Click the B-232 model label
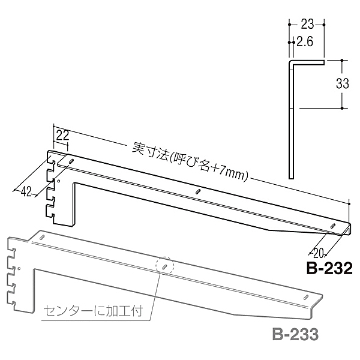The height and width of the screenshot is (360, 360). coord(329,268)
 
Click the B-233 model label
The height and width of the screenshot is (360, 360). coord(295,334)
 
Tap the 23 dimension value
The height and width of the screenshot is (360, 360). coord(307,24)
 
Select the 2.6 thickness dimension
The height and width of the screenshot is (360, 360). coord(305,42)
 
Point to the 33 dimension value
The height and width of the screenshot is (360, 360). coord(343,83)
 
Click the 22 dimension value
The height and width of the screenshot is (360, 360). coord(62,136)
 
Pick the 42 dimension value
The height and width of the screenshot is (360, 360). coord(26,191)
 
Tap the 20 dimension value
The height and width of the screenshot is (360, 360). coord(319,253)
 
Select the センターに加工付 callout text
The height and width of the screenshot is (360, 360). coord(93,311)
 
